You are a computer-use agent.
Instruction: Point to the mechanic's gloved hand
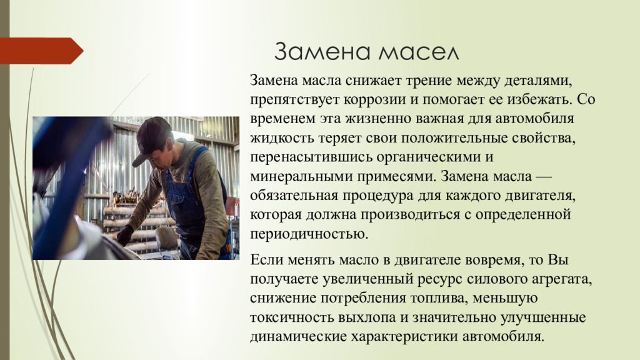tap(124, 234)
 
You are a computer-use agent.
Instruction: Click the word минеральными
tap(299, 176)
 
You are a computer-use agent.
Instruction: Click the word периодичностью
tap(308, 234)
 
